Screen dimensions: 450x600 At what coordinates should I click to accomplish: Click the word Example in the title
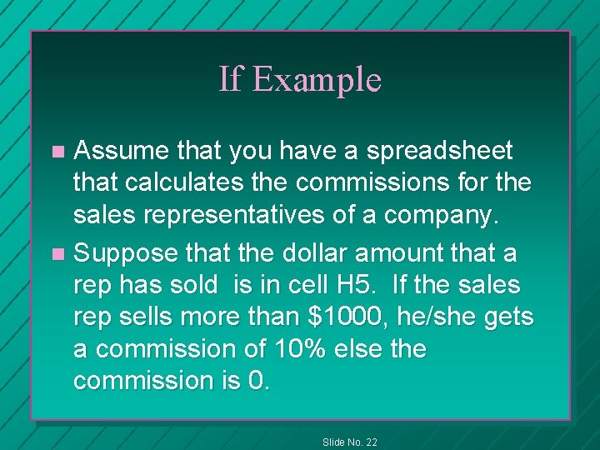pos(317,80)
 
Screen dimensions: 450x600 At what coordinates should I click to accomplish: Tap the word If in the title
pos(230,79)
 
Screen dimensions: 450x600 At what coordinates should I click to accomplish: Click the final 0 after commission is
pos(258,380)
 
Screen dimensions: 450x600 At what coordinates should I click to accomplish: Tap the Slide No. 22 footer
pos(349,441)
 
